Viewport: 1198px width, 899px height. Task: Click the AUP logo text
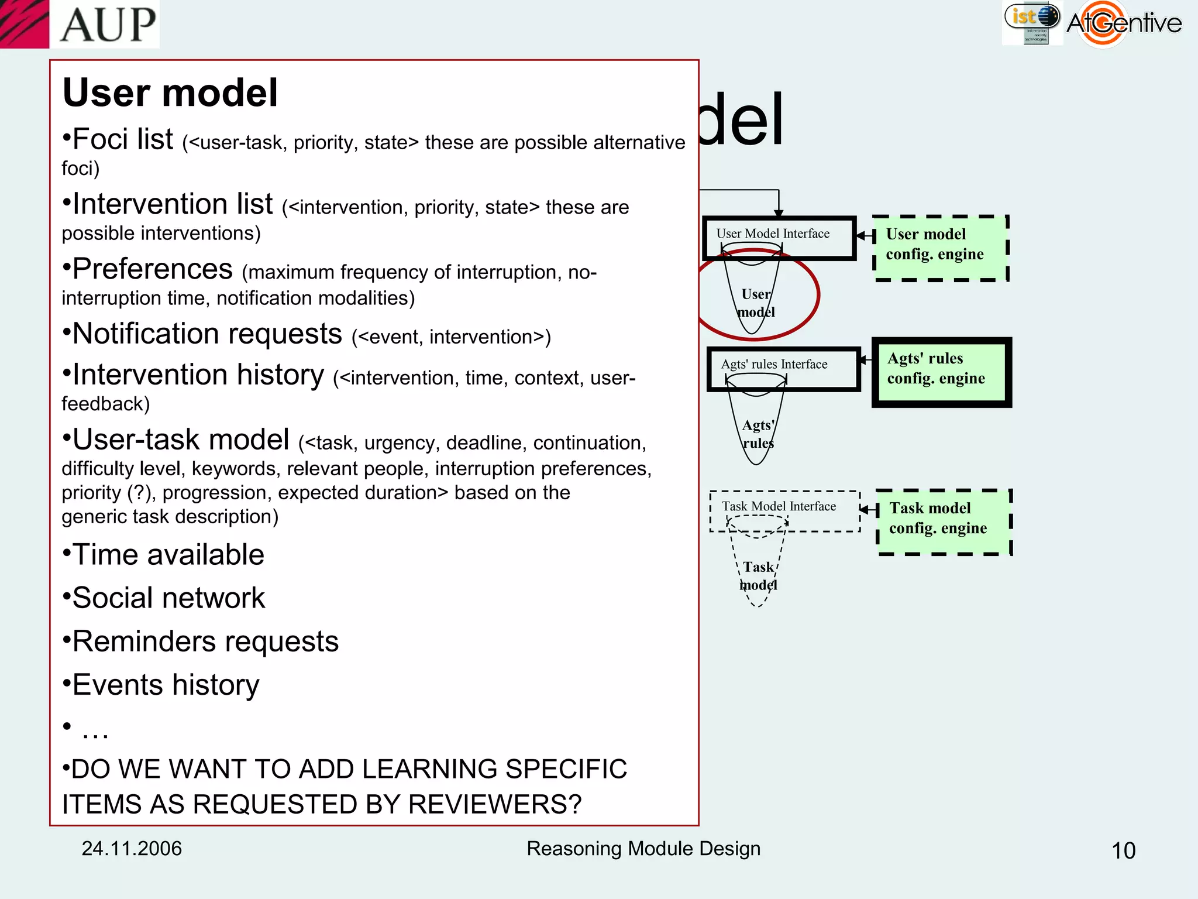point(108,25)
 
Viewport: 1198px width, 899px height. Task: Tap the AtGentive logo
point(1123,23)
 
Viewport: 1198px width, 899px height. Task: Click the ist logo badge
point(1032,22)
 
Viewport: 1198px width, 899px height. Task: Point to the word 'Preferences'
point(152,269)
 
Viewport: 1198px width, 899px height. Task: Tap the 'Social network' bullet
point(168,598)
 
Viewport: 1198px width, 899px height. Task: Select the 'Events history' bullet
point(165,685)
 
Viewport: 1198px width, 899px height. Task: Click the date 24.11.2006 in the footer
point(132,849)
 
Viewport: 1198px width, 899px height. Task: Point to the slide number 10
point(1123,850)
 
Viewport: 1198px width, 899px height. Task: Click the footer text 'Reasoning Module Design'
point(643,849)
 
